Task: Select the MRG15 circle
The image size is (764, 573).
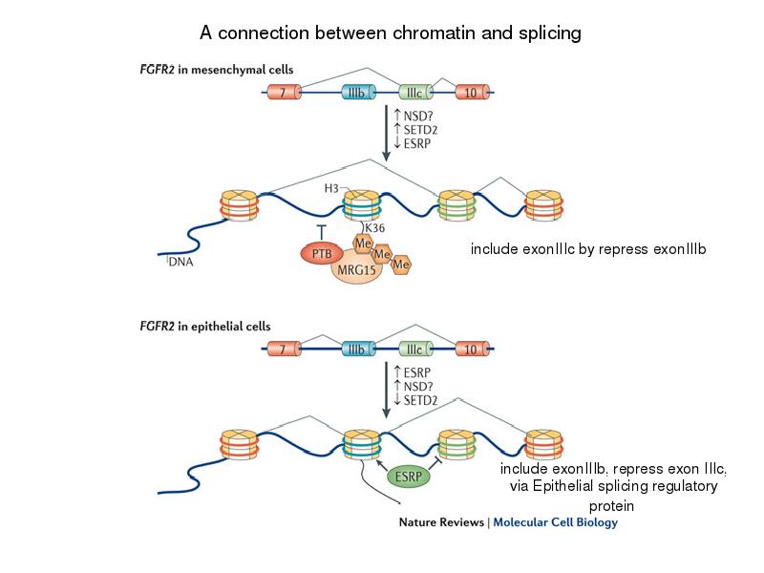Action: (x=355, y=270)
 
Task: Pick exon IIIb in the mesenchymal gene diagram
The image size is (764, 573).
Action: (x=360, y=92)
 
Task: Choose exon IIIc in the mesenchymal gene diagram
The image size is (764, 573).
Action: (x=416, y=92)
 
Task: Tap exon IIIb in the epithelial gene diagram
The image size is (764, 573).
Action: (x=360, y=350)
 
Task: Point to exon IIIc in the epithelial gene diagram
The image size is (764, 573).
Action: (x=416, y=350)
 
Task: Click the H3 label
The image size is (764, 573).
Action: (x=332, y=188)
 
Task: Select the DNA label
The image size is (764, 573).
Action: (x=180, y=264)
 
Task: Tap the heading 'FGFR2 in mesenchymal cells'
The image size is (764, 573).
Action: (x=218, y=70)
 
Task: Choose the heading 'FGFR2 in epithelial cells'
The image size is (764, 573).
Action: (x=206, y=326)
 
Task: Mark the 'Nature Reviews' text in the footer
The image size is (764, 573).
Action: (x=439, y=522)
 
